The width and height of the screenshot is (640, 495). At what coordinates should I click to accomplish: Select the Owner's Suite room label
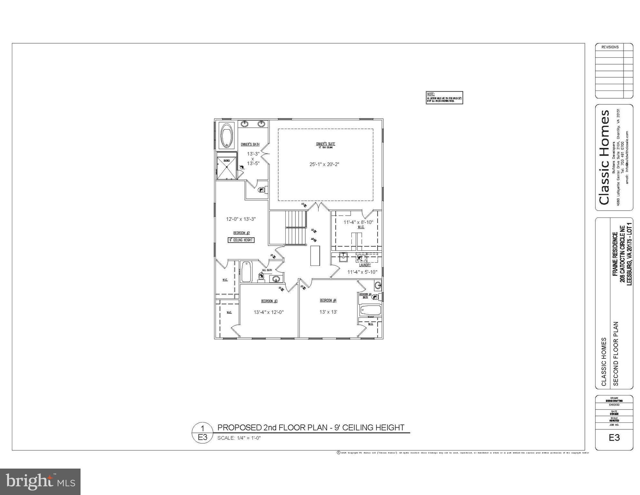(x=325, y=144)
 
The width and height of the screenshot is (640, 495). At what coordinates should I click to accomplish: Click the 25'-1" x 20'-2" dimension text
(x=324, y=164)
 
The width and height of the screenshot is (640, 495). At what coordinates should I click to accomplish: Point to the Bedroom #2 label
(x=242, y=233)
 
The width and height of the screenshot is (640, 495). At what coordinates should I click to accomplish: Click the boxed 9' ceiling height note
(x=241, y=240)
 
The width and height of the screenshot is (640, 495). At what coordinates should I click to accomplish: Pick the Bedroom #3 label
(x=269, y=301)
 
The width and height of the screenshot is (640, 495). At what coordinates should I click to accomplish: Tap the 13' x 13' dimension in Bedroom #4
(x=328, y=312)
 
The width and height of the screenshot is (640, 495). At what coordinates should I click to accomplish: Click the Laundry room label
(x=365, y=265)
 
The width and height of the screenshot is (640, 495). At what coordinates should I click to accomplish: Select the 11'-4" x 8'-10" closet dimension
(x=358, y=222)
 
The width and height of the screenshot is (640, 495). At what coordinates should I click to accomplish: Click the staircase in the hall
(x=295, y=228)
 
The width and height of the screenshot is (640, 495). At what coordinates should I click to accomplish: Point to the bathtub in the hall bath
(x=246, y=271)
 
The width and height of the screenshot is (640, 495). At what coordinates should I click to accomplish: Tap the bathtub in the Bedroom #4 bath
(x=371, y=311)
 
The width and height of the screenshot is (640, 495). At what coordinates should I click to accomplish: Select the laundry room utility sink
(x=343, y=257)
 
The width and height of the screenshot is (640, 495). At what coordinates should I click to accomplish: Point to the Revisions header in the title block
(x=610, y=47)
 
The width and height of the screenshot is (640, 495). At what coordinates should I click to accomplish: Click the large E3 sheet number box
(x=614, y=438)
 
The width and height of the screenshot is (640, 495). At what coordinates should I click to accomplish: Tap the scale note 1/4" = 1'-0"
(x=239, y=438)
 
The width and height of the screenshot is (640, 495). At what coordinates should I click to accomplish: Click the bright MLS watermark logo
(x=40, y=481)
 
